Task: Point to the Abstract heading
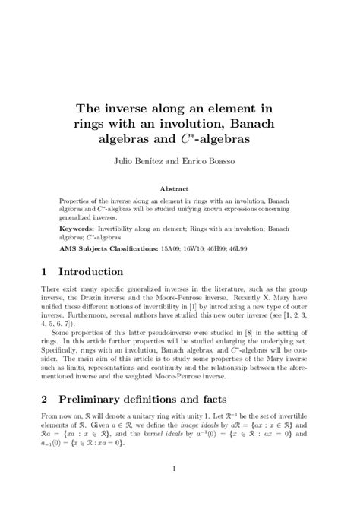tap(179, 187)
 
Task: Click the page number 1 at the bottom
tap(179, 488)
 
